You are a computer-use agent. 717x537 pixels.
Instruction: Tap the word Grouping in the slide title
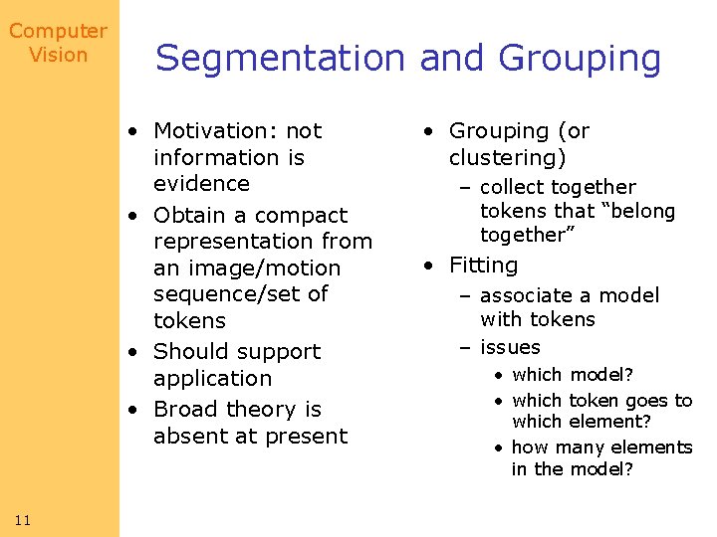click(x=580, y=59)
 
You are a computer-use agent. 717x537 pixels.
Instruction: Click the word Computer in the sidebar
click(x=58, y=32)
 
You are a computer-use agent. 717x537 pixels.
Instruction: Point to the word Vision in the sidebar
click(x=58, y=55)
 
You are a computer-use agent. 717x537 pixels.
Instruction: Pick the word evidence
click(x=201, y=184)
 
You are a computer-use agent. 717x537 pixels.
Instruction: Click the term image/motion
click(x=247, y=268)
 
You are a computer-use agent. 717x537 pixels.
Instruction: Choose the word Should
click(x=188, y=352)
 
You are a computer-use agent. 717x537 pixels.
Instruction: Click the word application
click(x=212, y=379)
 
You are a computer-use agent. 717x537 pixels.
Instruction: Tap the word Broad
click(x=186, y=410)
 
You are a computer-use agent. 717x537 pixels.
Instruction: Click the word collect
click(x=513, y=188)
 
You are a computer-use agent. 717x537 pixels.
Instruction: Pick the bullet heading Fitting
click(x=484, y=266)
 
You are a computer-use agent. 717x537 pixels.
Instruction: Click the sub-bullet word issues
click(x=510, y=348)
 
